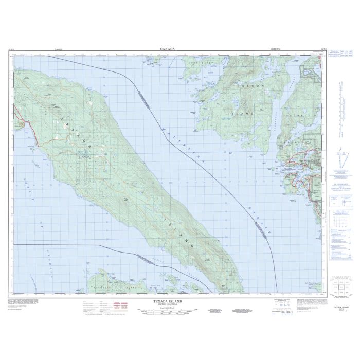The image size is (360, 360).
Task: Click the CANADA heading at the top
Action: pyautogui.click(x=167, y=49)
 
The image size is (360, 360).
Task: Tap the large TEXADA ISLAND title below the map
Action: pyautogui.click(x=167, y=301)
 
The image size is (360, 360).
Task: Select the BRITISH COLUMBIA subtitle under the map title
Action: pyautogui.click(x=167, y=304)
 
